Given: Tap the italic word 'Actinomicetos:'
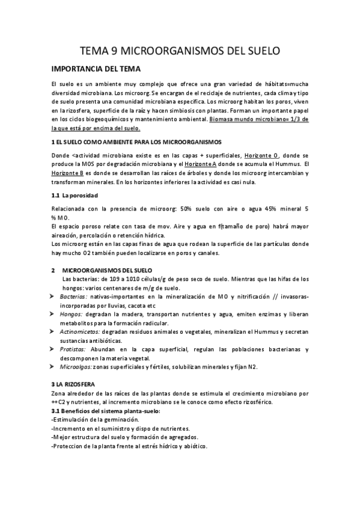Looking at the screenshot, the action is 81,332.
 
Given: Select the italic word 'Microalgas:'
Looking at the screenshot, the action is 76,367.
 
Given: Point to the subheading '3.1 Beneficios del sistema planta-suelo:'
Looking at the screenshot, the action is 106,410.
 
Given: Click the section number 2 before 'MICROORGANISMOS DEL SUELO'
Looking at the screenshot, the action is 53,271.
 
